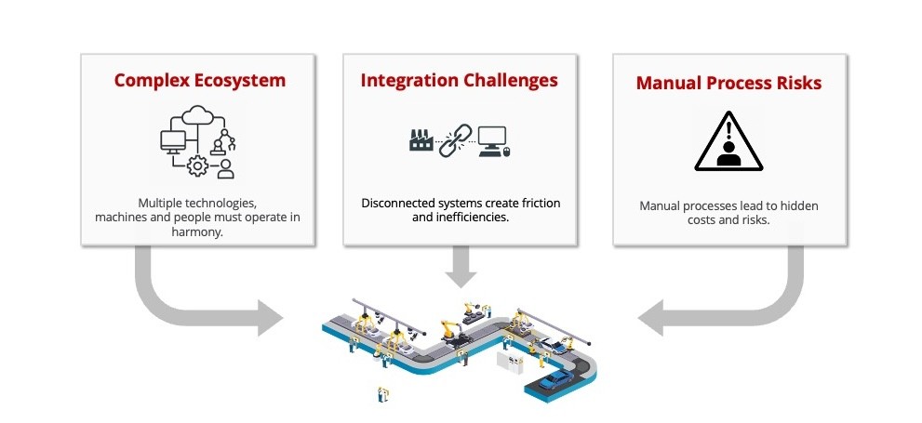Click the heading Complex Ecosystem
point(200,81)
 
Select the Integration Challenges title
point(460,81)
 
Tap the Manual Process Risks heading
point(729,83)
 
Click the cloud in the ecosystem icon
point(197,115)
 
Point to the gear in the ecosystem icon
point(197,166)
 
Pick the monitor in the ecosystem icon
point(173,142)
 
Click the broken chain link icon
point(456,140)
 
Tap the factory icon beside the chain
point(421,139)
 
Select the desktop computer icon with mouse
point(494,141)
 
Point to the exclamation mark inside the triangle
point(729,128)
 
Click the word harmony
point(197,232)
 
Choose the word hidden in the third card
point(800,206)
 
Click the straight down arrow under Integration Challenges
point(461,265)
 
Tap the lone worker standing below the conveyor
point(382,394)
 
